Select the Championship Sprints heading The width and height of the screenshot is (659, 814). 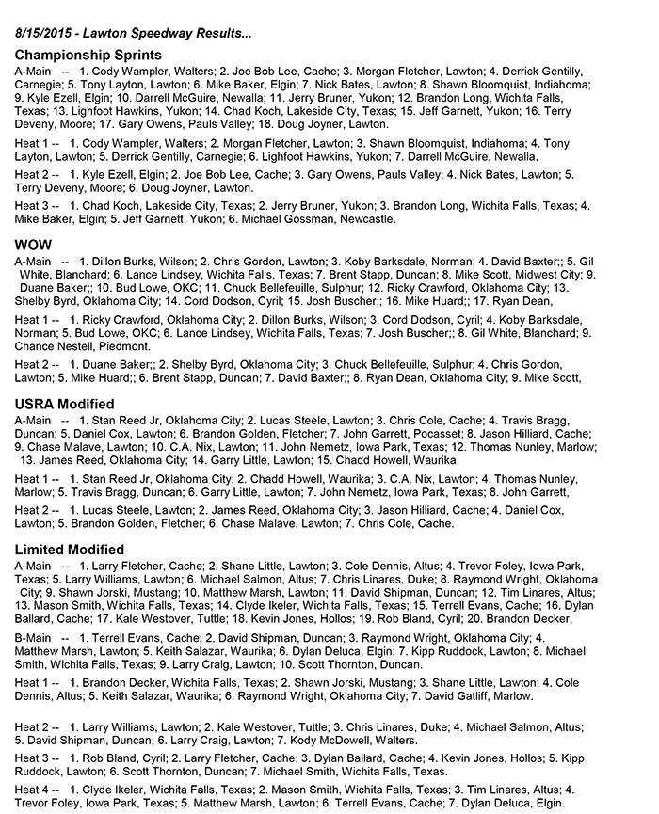[x=88, y=55]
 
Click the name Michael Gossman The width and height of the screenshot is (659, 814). [x=275, y=218]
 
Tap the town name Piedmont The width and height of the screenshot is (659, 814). [x=121, y=346]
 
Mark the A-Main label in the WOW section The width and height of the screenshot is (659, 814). [x=33, y=261]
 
